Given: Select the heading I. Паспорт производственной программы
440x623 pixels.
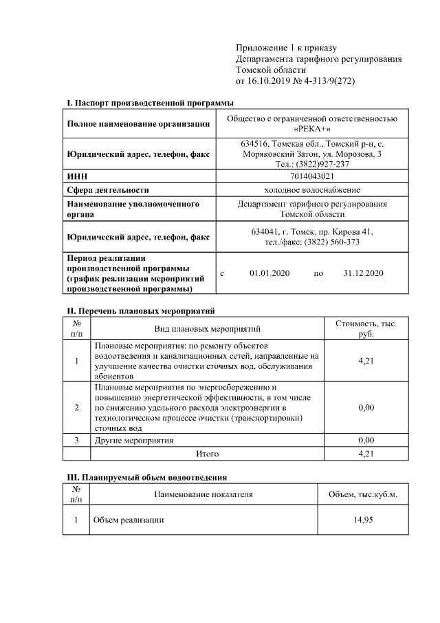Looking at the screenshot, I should point(150,103).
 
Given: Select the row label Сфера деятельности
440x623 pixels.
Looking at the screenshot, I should point(108,190).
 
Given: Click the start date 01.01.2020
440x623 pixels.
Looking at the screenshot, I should point(270,273).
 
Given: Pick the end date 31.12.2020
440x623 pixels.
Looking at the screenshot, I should point(363,273).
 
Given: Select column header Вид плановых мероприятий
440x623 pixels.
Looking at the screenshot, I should point(207,328).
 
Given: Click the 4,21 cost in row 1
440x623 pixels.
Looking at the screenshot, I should point(366,361).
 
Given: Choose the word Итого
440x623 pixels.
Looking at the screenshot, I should point(207,454).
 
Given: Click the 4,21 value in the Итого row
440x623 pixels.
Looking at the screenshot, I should point(366,454).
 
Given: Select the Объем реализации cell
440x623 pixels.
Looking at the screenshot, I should point(129,520).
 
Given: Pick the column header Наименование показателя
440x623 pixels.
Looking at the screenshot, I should point(203,494).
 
